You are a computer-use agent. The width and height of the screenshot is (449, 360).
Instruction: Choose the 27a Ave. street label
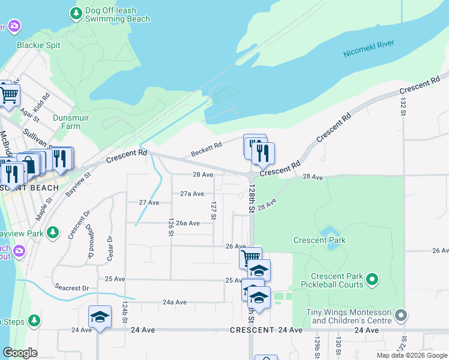tap(193, 194)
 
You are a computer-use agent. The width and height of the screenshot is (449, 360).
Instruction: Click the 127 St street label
tap(213, 211)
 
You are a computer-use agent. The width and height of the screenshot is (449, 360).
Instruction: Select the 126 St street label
tap(172, 227)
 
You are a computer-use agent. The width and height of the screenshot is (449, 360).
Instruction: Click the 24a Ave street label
tap(174, 302)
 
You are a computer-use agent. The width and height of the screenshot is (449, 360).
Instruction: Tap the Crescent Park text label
tap(319, 241)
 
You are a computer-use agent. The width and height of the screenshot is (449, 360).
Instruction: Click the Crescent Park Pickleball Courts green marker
tap(372, 279)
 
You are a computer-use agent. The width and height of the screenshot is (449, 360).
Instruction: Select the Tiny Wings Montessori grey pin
tap(402, 315)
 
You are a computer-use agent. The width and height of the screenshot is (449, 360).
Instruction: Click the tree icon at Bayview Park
tap(53, 232)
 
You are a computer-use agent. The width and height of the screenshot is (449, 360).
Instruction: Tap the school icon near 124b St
tap(100, 317)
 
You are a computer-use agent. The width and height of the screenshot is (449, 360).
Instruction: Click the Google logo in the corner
tap(20, 353)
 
